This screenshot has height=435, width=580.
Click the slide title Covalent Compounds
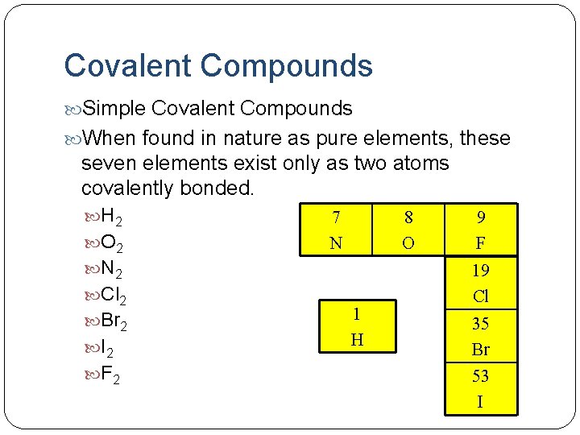[x=218, y=65]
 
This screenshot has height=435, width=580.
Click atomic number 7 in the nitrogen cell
[x=336, y=217]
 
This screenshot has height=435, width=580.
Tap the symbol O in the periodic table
[x=408, y=242]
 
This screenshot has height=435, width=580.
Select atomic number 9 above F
[x=481, y=217]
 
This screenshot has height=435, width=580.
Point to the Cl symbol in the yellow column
[x=481, y=296]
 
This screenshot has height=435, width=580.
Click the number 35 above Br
[x=481, y=323]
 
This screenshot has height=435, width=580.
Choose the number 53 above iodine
[x=481, y=376]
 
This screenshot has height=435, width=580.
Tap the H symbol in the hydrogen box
[x=357, y=341]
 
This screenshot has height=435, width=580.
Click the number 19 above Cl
[x=481, y=270]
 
